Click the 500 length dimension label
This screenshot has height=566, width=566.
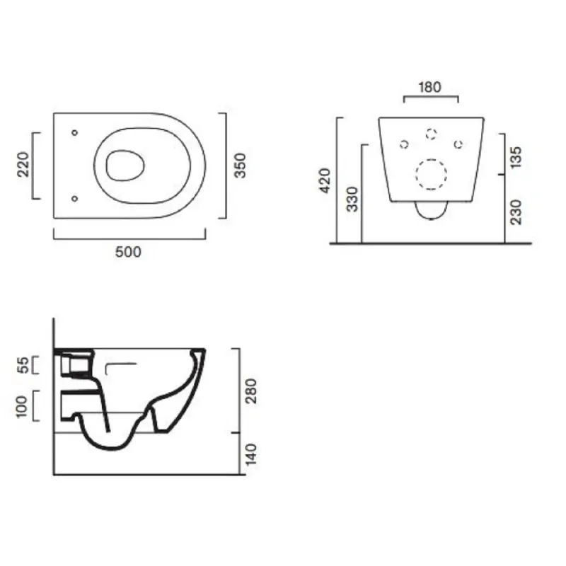click(128, 252)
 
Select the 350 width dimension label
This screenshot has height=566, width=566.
click(240, 166)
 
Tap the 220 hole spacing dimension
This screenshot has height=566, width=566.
click(23, 164)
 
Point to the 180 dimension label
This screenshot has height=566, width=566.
click(429, 87)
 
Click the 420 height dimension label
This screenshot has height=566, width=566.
click(325, 180)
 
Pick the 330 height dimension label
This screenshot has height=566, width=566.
click(352, 199)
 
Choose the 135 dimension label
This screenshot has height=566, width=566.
click(516, 157)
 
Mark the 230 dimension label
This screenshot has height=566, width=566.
click(516, 212)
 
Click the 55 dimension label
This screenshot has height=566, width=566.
click(23, 365)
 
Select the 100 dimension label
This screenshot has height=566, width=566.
click(22, 407)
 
